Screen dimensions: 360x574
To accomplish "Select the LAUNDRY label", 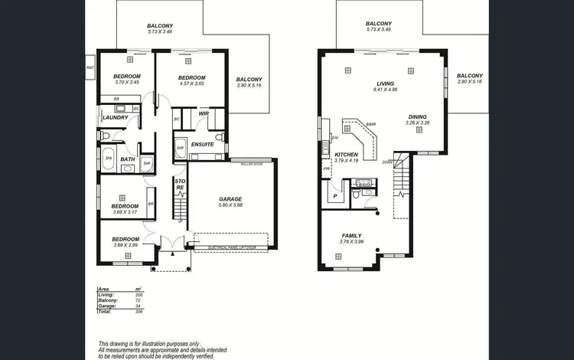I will tap(115, 117).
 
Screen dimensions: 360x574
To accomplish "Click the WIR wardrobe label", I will tap(204, 113).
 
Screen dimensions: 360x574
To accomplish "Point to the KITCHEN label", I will tap(347, 155).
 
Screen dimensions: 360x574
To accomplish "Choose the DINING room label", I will tap(417, 116).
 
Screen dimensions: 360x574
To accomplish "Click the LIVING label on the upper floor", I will tap(384, 83).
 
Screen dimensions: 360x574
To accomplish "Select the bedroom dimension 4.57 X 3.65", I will tap(191, 83).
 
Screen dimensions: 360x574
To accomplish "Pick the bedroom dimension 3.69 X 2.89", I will tap(126, 244).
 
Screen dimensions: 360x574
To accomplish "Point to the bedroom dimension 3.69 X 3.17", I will tap(126, 211).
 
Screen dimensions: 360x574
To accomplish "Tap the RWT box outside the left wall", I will tap(90, 68).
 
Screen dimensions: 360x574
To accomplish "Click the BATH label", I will tap(127, 159).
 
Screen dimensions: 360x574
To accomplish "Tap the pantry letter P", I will tap(335, 195).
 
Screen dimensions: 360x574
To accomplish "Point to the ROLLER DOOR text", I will tap(251, 164).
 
